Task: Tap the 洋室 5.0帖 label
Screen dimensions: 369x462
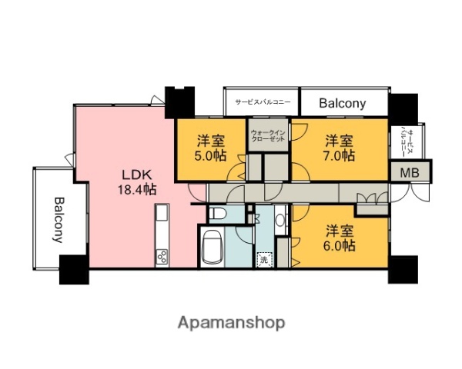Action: [210, 148]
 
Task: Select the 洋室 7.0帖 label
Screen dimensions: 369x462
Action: [339, 148]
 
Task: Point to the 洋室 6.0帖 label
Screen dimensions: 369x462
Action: [339, 238]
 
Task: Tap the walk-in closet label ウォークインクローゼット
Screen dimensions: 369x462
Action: [268, 138]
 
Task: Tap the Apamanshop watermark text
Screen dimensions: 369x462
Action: [231, 321]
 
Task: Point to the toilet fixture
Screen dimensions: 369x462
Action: [218, 213]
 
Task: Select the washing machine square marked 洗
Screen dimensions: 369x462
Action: [265, 260]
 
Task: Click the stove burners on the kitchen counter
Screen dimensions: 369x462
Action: [162, 256]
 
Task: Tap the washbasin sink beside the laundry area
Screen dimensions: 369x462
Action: [278, 219]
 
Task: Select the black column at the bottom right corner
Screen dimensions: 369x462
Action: [403, 270]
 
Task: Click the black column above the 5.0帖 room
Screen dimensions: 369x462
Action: [181, 101]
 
